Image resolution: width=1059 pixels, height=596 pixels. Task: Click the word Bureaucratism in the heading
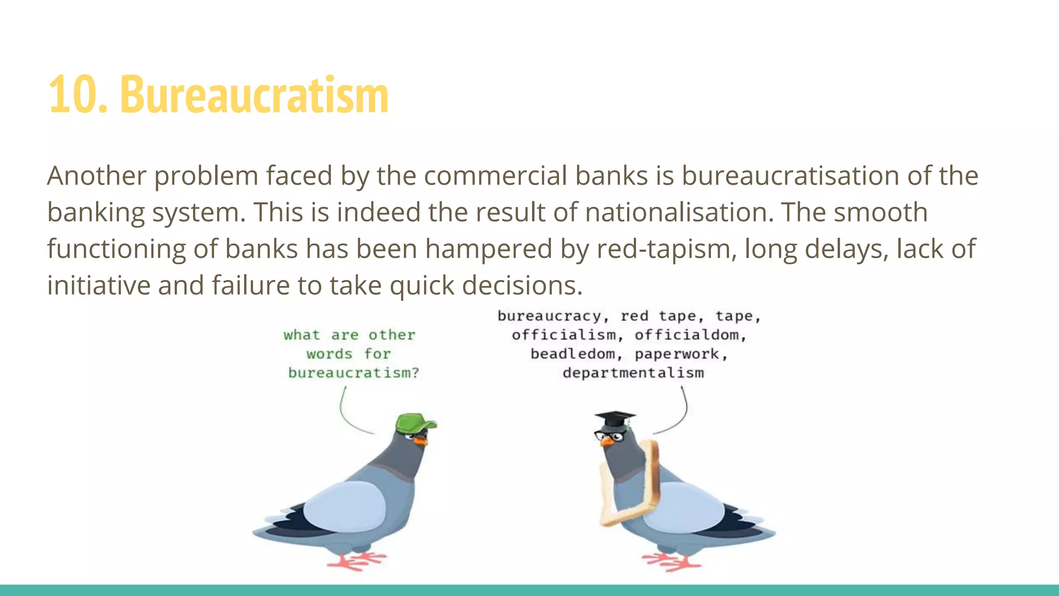254,95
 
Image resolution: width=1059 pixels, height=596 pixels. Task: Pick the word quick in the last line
421,286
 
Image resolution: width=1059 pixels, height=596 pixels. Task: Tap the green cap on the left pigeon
414,423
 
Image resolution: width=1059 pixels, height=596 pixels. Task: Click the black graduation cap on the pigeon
614,418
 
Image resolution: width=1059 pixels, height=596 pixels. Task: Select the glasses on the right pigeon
610,436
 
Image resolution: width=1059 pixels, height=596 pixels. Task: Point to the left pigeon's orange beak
420,441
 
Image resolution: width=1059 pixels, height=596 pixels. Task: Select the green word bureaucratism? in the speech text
353,373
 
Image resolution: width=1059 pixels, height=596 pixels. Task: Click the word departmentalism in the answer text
633,373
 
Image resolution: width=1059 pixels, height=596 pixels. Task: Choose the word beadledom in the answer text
573,354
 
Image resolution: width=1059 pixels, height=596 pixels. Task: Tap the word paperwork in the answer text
677,354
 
